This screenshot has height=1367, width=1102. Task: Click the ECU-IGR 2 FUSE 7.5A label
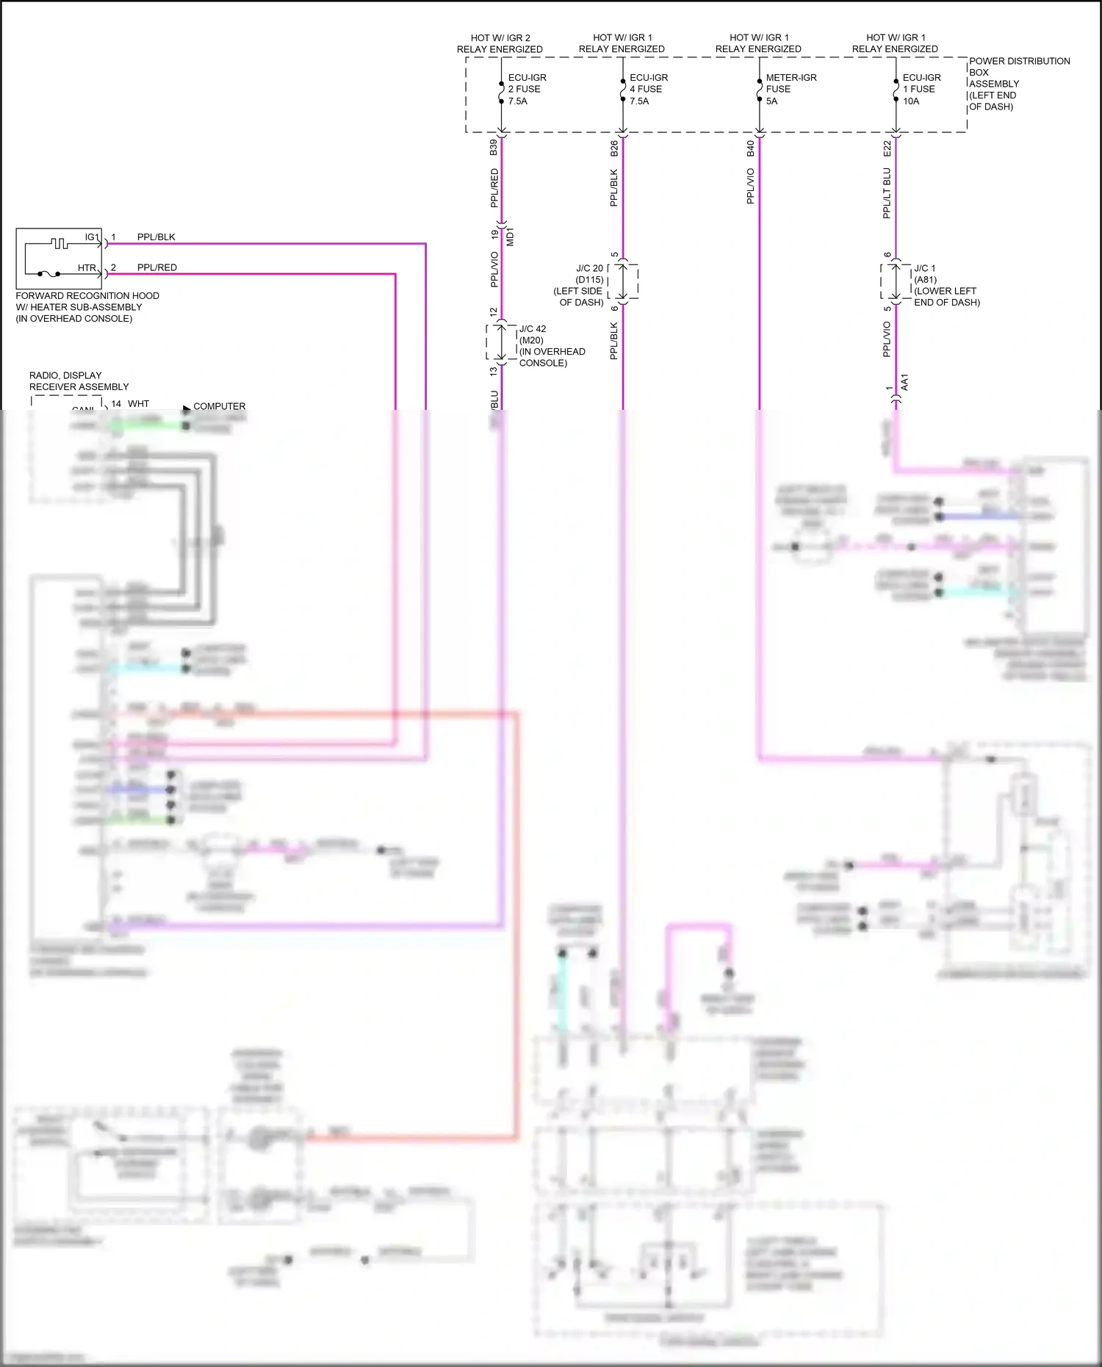526,89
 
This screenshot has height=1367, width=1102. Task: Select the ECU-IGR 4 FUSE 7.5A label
648,89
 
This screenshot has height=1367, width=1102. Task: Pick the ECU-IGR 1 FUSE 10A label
921,89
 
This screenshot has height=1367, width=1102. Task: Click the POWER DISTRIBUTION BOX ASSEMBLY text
1018,83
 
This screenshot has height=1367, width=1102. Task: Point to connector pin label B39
494,148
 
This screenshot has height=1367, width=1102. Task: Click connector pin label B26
614,149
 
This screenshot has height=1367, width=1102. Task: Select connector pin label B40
750,149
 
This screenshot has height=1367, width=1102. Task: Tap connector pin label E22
887,149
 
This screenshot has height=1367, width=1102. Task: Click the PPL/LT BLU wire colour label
887,193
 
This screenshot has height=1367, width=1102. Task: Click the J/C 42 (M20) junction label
551,346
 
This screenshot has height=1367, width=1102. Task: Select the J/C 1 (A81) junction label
946,285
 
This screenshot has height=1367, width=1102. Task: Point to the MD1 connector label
511,237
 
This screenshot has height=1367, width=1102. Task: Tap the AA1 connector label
904,383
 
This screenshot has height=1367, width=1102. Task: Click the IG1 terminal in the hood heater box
92,237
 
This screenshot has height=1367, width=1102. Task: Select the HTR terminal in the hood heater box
87,268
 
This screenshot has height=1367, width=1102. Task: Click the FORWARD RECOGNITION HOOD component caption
87,307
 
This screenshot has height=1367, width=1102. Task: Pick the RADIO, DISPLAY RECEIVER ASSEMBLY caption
79,380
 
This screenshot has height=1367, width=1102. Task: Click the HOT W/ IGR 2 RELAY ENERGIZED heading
500,43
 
